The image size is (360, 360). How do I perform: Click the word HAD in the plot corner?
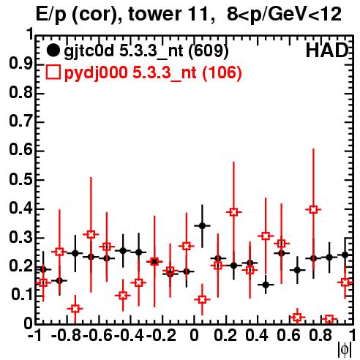click(x=327, y=50)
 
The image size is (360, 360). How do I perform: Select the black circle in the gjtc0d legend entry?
click(x=53, y=50)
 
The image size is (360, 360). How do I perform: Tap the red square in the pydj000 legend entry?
click(x=53, y=72)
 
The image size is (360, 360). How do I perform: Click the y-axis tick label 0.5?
click(x=20, y=180)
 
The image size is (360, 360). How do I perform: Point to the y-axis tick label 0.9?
click(x=20, y=64)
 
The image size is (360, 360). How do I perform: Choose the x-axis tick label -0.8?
click(x=67, y=335)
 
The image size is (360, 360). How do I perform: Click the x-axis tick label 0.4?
click(x=257, y=335)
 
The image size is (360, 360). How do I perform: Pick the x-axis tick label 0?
click(x=194, y=335)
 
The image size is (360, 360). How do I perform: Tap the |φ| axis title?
click(x=345, y=350)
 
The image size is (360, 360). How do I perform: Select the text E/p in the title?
click(x=51, y=15)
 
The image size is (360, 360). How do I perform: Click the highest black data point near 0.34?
click(x=202, y=226)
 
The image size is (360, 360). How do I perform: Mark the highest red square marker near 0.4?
click(x=314, y=209)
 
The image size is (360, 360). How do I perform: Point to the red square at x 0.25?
click(x=233, y=212)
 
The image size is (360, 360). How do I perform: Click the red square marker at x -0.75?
click(x=75, y=309)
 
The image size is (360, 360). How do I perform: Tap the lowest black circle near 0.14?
click(x=266, y=285)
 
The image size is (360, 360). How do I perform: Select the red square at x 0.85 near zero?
click(x=329, y=319)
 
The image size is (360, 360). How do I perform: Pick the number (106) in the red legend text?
click(x=222, y=72)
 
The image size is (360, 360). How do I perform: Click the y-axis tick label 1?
click(x=30, y=34)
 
